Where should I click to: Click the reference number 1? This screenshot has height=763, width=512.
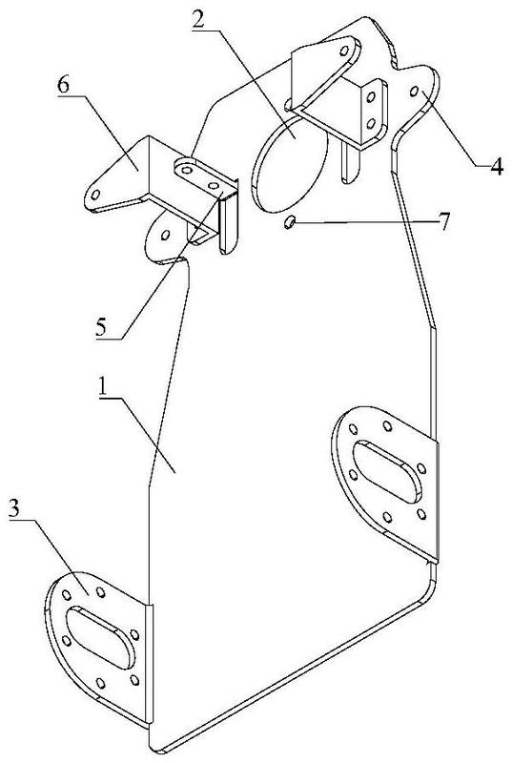[103, 387]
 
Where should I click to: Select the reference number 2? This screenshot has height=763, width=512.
[199, 19]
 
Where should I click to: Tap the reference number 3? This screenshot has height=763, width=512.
[14, 509]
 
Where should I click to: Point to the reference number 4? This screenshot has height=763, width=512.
[496, 166]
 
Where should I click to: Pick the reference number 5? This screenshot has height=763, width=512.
[102, 328]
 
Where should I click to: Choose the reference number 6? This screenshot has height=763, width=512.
[63, 85]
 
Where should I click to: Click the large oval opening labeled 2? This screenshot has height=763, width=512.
[290, 163]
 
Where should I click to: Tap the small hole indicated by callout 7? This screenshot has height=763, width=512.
[289, 222]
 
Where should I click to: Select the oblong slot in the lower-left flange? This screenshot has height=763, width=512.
[101, 637]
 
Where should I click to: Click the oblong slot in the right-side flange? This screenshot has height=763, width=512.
[387, 471]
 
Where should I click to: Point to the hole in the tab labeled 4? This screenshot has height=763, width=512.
[414, 91]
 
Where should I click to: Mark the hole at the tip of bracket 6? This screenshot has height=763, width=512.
[95, 196]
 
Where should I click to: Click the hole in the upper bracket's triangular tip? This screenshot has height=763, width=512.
[344, 52]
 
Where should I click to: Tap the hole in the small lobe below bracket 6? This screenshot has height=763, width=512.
[165, 236]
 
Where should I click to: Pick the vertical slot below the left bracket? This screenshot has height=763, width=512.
[229, 224]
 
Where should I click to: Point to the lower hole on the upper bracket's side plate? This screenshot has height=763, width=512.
[371, 123]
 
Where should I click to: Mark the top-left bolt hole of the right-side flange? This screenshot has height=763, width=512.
[354, 429]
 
